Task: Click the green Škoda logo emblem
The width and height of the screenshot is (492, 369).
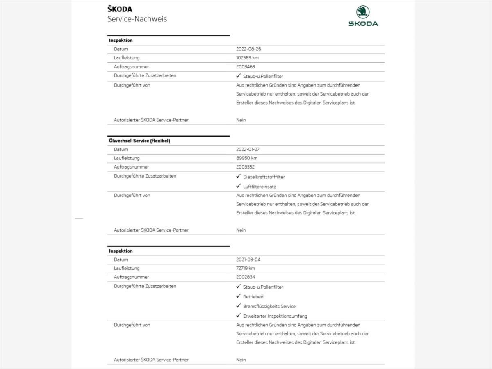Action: pos(363,12)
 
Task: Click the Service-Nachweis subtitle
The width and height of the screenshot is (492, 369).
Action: pos(137,19)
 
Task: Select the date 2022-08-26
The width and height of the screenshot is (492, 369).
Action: pos(248,49)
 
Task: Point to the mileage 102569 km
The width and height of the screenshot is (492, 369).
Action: pos(248,58)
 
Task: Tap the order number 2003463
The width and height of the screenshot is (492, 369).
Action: pos(245,67)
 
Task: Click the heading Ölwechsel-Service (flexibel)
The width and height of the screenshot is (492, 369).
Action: pos(139,141)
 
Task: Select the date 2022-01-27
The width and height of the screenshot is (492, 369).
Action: pos(248,150)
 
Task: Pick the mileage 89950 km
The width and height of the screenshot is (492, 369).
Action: pos(247,158)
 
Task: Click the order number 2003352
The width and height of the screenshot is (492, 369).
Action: pos(245,167)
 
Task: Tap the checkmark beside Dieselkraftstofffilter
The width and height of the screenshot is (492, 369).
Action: pos(239,176)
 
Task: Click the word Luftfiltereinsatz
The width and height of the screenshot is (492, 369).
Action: pos(260,187)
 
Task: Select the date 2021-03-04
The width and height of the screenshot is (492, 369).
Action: pos(248,260)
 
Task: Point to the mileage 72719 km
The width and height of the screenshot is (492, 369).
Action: pos(246,269)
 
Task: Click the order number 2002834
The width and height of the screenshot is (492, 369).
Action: pos(245,277)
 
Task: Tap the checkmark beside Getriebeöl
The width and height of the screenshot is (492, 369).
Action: pos(239,296)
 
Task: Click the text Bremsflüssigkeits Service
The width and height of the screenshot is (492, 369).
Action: pos(269,306)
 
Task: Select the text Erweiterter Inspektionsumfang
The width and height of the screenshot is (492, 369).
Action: pos(275,316)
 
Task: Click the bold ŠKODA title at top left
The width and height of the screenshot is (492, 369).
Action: pos(120,9)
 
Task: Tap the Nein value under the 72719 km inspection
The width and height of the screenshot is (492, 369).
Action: pos(241,360)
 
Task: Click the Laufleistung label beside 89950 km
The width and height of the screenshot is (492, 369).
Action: pos(127,158)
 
